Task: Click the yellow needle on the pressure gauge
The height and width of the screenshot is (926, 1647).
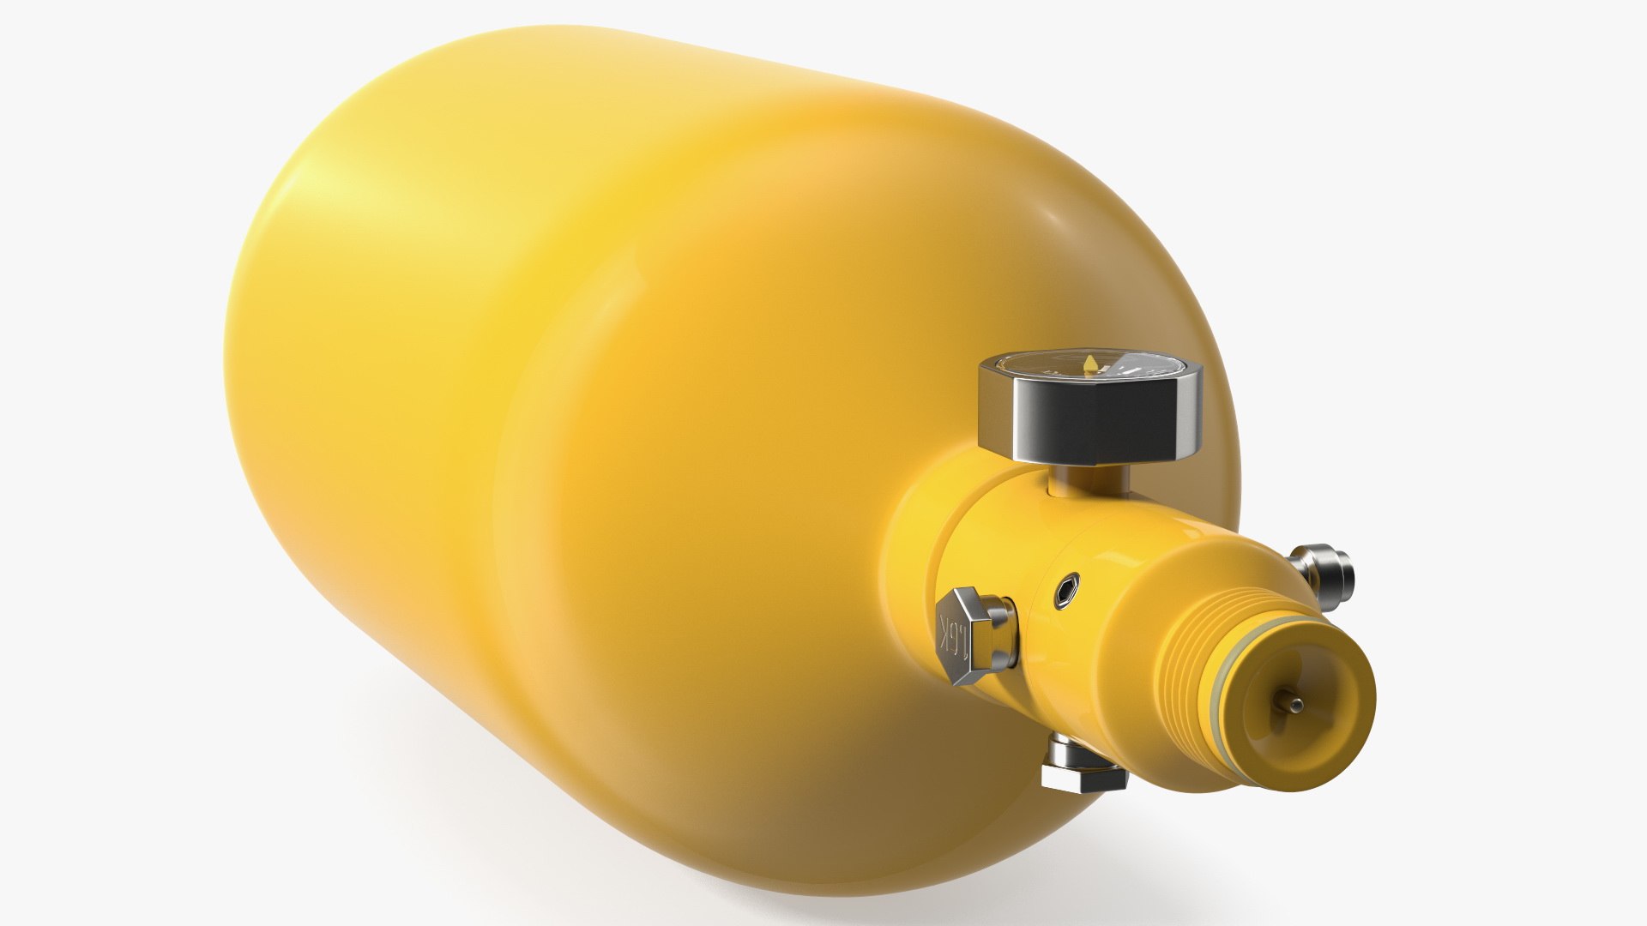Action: pyautogui.click(x=1090, y=364)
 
